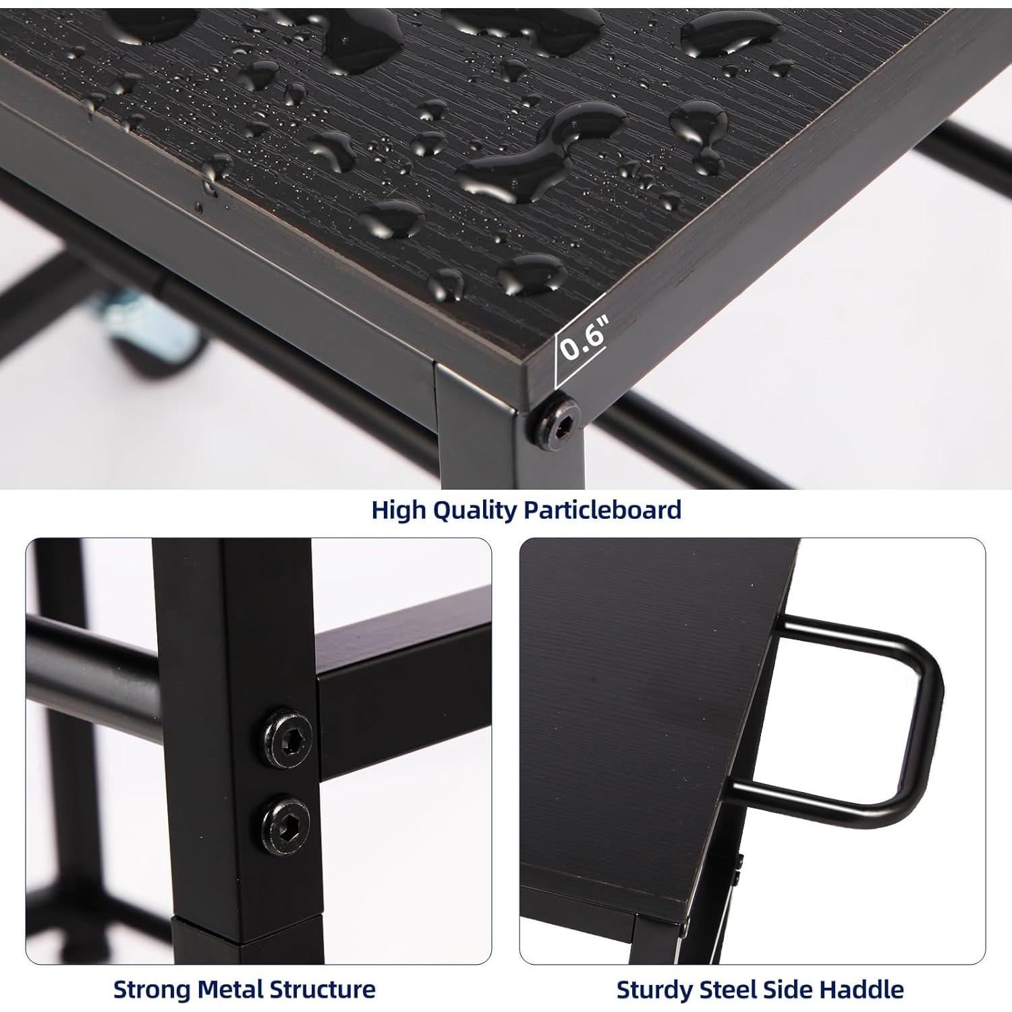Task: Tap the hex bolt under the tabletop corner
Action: (559, 418)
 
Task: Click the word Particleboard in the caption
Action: (602, 510)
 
